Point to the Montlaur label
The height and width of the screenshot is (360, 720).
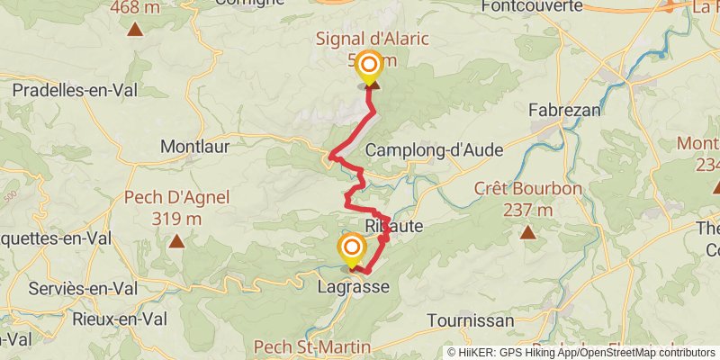(194, 145)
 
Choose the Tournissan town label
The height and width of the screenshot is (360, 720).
(471, 320)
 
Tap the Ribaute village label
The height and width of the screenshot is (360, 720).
(394, 226)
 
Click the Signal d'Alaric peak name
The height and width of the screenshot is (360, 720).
(371, 39)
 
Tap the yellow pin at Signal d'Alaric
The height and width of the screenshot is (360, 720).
(369, 66)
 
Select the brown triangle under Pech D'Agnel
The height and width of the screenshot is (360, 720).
(176, 240)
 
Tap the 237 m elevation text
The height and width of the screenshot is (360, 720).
(528, 211)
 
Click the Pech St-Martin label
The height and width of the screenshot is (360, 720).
(300, 346)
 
